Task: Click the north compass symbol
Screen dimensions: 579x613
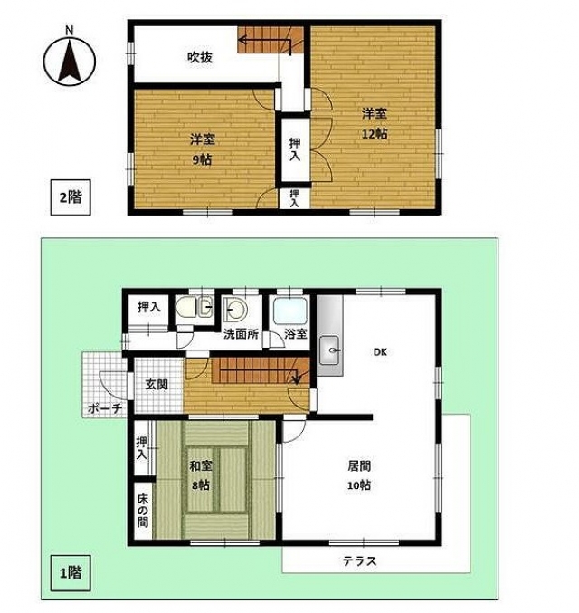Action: tap(70, 60)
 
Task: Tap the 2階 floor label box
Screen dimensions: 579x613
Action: tap(71, 197)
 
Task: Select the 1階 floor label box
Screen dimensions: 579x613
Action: tap(71, 573)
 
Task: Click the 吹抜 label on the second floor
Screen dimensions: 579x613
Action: tap(200, 58)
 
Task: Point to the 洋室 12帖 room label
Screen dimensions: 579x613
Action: tap(375, 124)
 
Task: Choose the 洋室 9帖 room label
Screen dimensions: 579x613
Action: tap(203, 149)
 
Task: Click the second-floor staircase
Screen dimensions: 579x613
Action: tap(271, 40)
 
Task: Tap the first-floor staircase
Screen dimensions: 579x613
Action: tap(261, 370)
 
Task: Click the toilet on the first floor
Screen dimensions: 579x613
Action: tap(194, 307)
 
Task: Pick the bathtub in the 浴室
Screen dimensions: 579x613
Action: tap(289, 311)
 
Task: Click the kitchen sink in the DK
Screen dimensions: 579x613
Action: tap(329, 350)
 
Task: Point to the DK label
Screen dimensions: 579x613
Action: tap(380, 352)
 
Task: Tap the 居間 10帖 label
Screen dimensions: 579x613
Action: tap(359, 475)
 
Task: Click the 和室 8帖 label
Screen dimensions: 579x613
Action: tap(201, 475)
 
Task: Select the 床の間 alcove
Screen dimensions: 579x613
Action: tap(143, 511)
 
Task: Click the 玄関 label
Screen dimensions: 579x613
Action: tap(157, 384)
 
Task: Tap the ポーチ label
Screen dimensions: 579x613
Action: tap(104, 408)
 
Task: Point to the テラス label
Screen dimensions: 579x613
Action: tap(359, 561)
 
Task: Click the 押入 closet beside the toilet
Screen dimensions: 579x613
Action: tap(149, 308)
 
